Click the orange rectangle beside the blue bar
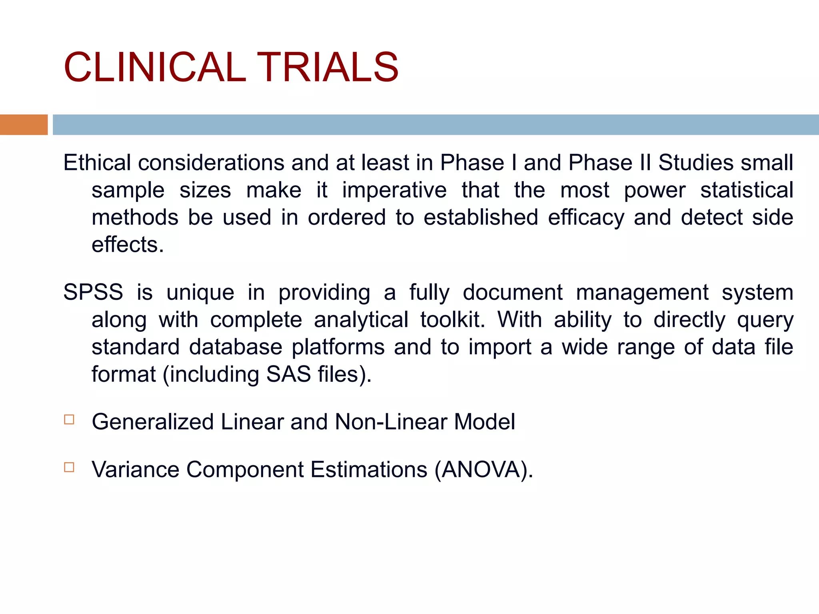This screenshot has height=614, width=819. pyautogui.click(x=24, y=125)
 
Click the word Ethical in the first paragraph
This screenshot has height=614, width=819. pyautogui.click(x=97, y=163)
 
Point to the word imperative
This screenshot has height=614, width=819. pyautogui.click(x=394, y=190)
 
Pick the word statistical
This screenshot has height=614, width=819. pyautogui.click(x=746, y=190)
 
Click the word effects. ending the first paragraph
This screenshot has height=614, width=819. pyautogui.click(x=128, y=245)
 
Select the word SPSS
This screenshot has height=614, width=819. pyautogui.click(x=93, y=292)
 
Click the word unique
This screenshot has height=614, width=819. pyautogui.click(x=200, y=292)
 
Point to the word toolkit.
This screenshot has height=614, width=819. pyautogui.click(x=452, y=320)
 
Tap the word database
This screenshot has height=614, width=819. pyautogui.click(x=236, y=347)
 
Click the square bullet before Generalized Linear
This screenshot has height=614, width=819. pyautogui.click(x=69, y=419)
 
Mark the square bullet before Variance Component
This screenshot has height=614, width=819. pyautogui.click(x=69, y=467)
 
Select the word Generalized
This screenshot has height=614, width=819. pyautogui.click(x=152, y=422)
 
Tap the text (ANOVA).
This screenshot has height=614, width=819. pyautogui.click(x=483, y=469)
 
